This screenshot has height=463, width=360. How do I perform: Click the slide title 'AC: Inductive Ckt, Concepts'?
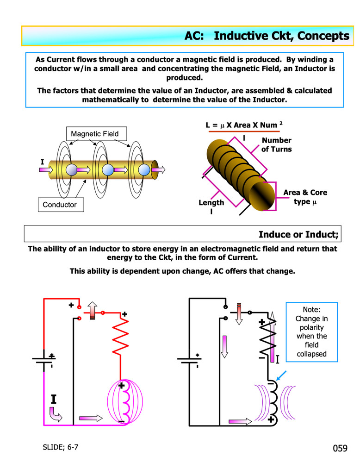click(x=267, y=36)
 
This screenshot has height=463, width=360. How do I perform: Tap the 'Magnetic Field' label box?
click(x=94, y=134)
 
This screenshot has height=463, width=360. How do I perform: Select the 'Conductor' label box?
click(x=60, y=204)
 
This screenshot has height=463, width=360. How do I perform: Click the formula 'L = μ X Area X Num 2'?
click(x=244, y=125)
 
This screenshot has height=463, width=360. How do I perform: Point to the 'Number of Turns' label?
click(x=276, y=144)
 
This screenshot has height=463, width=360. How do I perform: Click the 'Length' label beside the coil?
click(x=211, y=203)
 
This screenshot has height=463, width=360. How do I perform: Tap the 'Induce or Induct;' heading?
click(x=298, y=234)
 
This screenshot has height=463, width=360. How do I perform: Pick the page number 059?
click(x=340, y=448)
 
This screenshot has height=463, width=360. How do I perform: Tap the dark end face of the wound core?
click(x=266, y=195)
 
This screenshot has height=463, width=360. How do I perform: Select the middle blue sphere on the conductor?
click(x=107, y=170)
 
